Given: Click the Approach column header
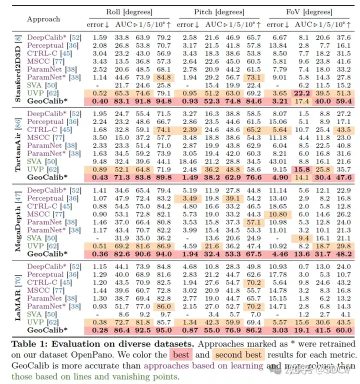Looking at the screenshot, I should click(43, 19).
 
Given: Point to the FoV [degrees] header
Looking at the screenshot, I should click(306, 11).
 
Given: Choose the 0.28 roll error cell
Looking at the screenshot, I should click(100, 330).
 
